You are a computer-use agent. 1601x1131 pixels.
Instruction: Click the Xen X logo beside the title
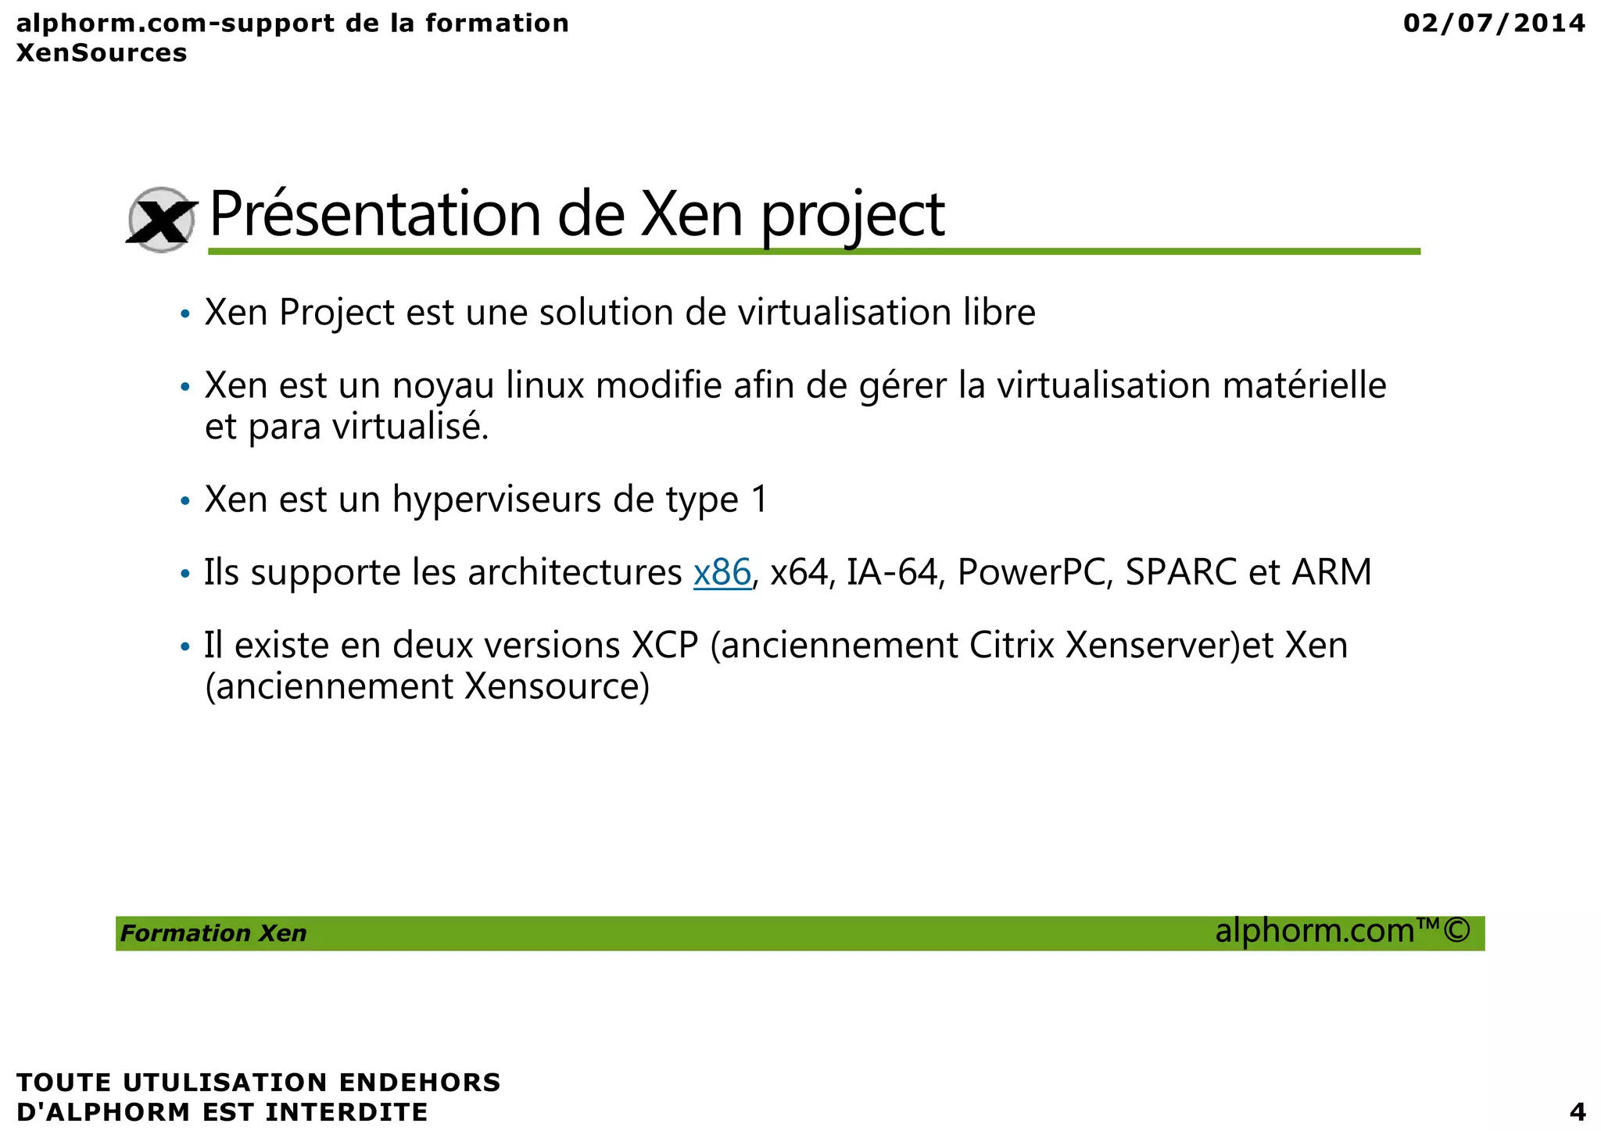tap(162, 220)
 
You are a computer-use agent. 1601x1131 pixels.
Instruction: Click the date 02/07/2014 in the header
tap(1494, 23)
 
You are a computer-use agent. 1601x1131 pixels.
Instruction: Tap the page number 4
tap(1577, 1111)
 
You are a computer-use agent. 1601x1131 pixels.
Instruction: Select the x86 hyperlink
tap(722, 572)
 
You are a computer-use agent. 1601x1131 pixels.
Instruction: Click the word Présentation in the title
tap(375, 214)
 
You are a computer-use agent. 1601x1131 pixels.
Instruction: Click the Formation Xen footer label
tap(213, 933)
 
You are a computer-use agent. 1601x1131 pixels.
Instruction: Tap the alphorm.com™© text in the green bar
tap(1342, 931)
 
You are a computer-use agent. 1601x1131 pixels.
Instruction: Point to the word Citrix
tap(1012, 646)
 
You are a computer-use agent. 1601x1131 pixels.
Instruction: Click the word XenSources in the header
tap(102, 53)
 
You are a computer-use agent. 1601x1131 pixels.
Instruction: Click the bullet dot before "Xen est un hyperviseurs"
tap(185, 501)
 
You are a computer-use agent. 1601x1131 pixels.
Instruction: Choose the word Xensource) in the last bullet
tap(557, 687)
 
